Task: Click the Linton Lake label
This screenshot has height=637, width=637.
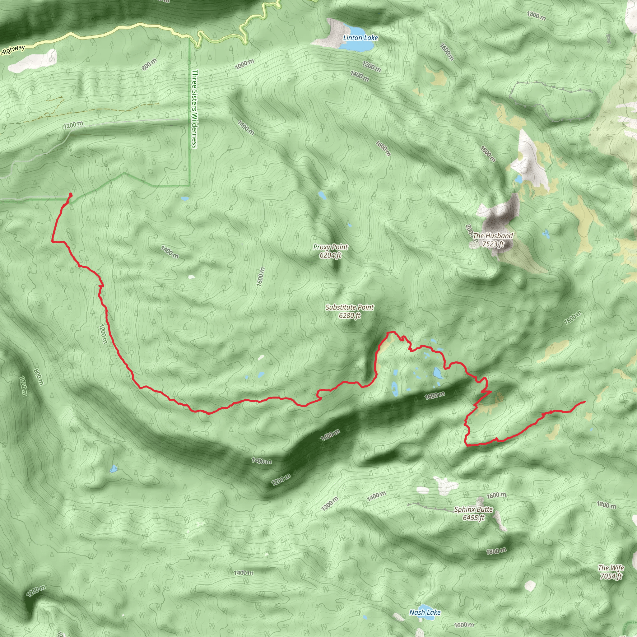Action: [360, 38]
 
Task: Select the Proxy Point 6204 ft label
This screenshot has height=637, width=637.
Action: [330, 251]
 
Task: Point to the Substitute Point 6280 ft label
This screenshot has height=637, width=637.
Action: [350, 311]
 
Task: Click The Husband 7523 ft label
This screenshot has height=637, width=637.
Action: [493, 240]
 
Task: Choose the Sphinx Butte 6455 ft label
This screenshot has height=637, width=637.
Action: [473, 513]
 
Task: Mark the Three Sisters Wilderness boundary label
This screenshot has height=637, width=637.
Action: [195, 109]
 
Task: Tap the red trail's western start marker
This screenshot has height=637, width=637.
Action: [71, 194]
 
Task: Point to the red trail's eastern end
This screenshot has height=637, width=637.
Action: [584, 402]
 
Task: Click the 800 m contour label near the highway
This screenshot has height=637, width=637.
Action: [149, 64]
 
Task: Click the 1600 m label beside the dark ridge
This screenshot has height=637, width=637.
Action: [435, 395]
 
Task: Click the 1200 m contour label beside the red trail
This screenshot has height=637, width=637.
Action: [103, 334]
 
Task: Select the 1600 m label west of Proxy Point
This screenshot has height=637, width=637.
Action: [260, 276]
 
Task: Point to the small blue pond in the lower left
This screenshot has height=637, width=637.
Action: [114, 468]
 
